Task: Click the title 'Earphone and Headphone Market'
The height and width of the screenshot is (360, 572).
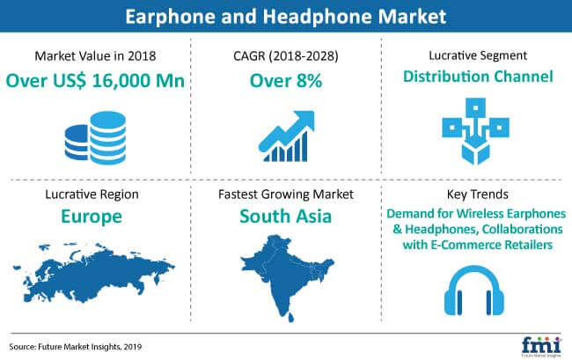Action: point(286,17)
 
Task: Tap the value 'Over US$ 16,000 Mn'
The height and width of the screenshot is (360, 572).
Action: point(95,80)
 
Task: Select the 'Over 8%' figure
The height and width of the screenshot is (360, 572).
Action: point(286,81)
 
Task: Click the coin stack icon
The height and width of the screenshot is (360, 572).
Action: point(95,138)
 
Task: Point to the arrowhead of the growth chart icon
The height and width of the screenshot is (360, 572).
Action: point(304,121)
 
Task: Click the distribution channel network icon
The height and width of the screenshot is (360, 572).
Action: point(476,131)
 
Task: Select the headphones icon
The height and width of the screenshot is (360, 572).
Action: point(473,290)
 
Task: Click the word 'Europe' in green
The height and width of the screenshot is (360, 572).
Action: point(92,217)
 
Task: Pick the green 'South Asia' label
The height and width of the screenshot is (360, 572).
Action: point(286,216)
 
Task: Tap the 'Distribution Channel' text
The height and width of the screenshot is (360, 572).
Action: point(478,77)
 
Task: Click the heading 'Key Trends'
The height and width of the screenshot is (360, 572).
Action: point(478,194)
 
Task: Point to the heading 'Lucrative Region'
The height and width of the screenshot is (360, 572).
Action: point(92,195)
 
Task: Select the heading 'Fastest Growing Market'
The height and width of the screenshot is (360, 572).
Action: point(286,195)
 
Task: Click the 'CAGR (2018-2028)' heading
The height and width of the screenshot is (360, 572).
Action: point(286,55)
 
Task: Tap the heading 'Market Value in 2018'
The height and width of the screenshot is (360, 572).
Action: point(95,55)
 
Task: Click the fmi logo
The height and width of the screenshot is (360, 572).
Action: point(541,347)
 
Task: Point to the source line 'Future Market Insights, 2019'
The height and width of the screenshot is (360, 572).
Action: point(90,347)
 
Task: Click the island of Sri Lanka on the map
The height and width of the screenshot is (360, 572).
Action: point(290,317)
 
